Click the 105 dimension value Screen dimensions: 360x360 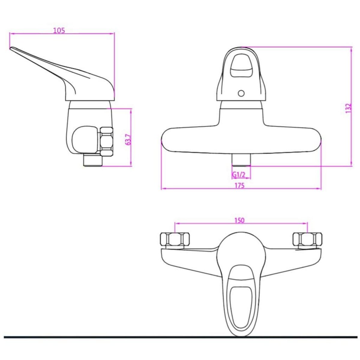tap(59, 31)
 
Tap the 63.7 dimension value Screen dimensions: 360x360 tap(128, 140)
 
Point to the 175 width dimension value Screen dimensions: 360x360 tap(240, 185)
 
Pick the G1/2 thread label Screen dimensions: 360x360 tap(238, 175)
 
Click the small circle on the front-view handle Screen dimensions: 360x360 tap(241, 93)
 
